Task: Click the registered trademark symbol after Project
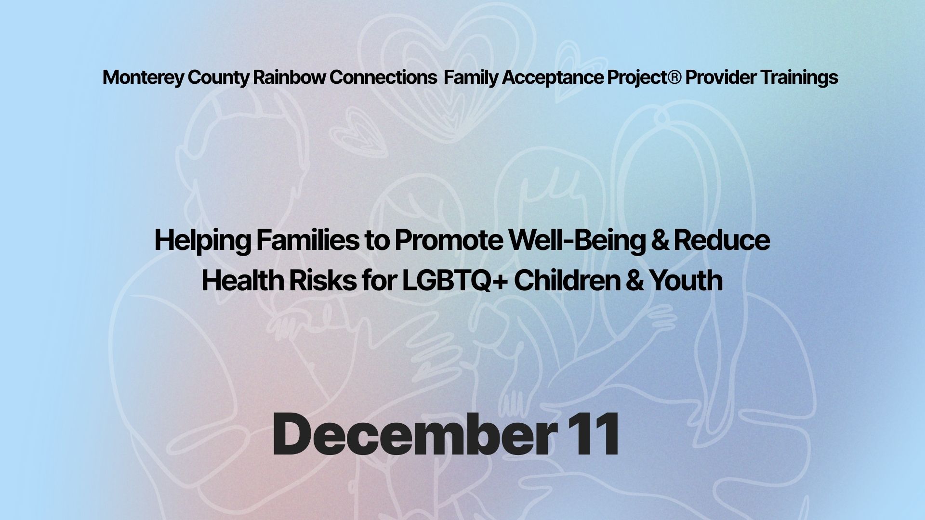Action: (674, 77)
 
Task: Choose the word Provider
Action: (721, 77)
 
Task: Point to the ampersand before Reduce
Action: (660, 240)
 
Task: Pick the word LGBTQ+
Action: (455, 281)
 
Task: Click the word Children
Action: (567, 280)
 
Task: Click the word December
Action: (412, 434)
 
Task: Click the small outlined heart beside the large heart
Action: (361, 133)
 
